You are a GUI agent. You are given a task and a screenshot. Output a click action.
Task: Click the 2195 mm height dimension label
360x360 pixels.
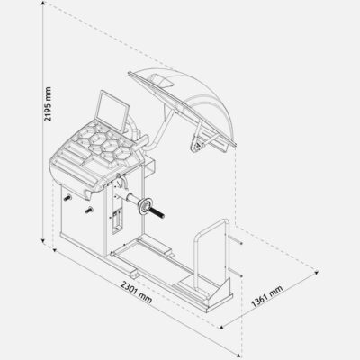(x=48, y=104)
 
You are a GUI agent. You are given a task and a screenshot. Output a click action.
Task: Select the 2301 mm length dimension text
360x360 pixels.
(x=136, y=292)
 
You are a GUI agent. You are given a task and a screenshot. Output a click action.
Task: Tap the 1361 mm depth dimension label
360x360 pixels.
(x=266, y=296)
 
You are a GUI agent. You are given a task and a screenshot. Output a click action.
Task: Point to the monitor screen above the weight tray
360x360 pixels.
(x=112, y=112)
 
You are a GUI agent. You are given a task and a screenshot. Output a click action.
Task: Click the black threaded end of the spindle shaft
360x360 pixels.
(x=157, y=212)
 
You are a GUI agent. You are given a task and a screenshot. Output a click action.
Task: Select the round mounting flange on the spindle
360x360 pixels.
(x=145, y=207)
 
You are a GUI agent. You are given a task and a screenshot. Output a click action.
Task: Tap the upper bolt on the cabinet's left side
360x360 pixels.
(x=67, y=198)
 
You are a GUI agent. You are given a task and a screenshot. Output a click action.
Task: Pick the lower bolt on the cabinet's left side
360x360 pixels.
(x=89, y=211)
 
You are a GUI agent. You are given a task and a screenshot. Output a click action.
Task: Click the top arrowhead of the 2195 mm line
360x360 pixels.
(x=43, y=3)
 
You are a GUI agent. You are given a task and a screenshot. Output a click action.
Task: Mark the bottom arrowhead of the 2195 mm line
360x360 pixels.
(x=43, y=240)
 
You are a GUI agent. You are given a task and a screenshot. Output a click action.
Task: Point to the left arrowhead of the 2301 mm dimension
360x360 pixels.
(x=54, y=250)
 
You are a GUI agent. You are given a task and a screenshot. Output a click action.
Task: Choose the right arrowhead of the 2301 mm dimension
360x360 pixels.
(x=240, y=355)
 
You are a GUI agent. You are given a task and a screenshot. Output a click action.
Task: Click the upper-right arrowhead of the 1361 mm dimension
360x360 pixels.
(x=316, y=272)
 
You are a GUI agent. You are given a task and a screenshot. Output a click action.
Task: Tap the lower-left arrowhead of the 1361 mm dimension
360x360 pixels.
(x=221, y=326)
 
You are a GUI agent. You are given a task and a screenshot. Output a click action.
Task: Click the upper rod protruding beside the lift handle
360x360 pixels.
(x=236, y=240)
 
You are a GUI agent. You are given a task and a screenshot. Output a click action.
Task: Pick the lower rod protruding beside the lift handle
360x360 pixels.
(x=236, y=273)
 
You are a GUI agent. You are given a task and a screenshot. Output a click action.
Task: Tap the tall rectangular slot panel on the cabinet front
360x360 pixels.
(x=117, y=221)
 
